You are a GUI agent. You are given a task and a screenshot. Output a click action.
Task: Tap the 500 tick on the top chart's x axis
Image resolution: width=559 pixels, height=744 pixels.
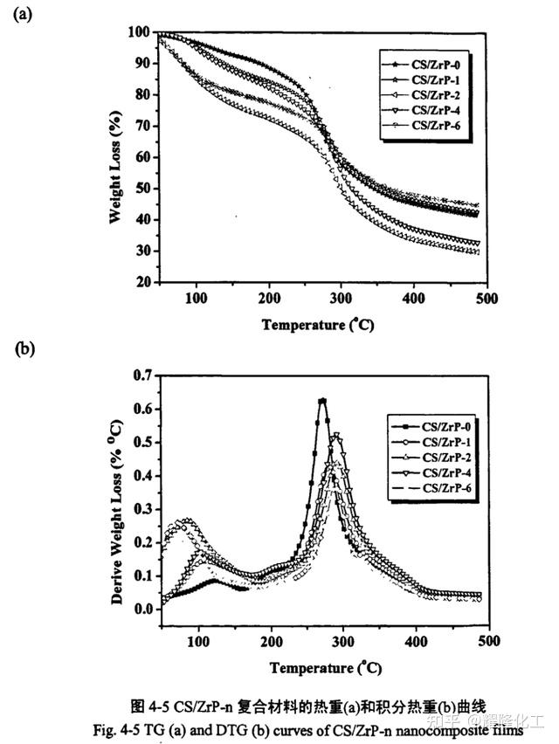(x=486, y=299)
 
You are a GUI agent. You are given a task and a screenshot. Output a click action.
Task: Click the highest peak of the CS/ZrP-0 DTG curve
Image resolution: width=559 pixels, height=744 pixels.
(x=322, y=401)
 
